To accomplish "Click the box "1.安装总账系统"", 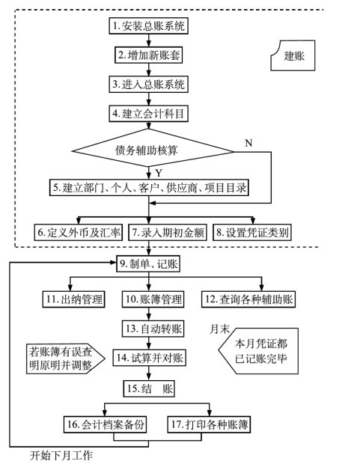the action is (x=148, y=25).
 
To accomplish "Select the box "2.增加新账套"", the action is (x=148, y=55).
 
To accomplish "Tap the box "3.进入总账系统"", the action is (x=148, y=84).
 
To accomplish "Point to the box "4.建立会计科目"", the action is (x=148, y=114).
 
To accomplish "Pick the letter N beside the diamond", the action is (x=248, y=143).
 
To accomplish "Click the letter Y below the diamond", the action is (x=159, y=173).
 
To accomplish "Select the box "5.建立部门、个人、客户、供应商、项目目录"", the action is (x=149, y=188).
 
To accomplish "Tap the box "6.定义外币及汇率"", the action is (x=78, y=232).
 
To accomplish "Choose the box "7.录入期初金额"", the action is (x=168, y=232).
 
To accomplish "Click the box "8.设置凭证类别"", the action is (x=252, y=232).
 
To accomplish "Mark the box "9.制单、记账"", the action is (x=148, y=263).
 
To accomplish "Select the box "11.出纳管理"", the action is (x=73, y=299).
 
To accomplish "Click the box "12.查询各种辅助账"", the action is (x=248, y=299).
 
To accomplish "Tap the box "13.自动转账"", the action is (x=153, y=329).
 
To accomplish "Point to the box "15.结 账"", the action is (x=149, y=388).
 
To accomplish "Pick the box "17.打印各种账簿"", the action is (x=209, y=424).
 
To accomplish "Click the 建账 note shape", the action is (x=293, y=55).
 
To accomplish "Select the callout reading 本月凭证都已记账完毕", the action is (x=258, y=351).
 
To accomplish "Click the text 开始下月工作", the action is (x=61, y=455).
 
